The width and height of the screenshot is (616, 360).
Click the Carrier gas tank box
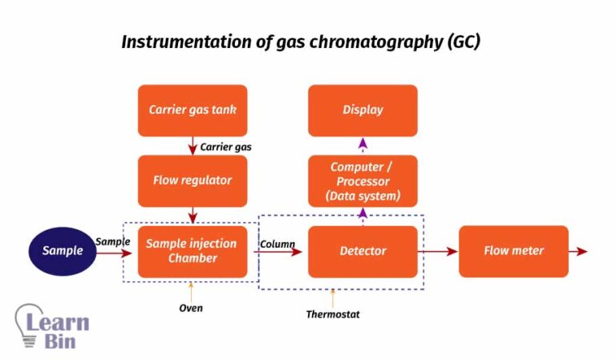[x=192, y=111]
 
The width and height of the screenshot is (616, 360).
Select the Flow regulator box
[x=192, y=180]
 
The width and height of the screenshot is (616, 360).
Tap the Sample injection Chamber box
[x=192, y=251]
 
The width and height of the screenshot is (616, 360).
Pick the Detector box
[x=363, y=251]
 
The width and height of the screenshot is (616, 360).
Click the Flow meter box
[x=513, y=251]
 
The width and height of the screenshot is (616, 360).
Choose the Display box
[x=363, y=111]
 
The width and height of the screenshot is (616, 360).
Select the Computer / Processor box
[x=363, y=180]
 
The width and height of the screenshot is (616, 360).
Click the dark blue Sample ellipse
[x=63, y=251]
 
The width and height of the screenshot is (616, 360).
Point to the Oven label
[x=191, y=307]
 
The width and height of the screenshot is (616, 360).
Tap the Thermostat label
[x=333, y=314]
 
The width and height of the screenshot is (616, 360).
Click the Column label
[x=278, y=244]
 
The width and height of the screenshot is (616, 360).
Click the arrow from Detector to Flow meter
[x=438, y=252]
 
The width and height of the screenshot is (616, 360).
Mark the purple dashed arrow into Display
[x=363, y=145]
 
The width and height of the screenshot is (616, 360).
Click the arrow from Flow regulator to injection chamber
[x=192, y=215]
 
